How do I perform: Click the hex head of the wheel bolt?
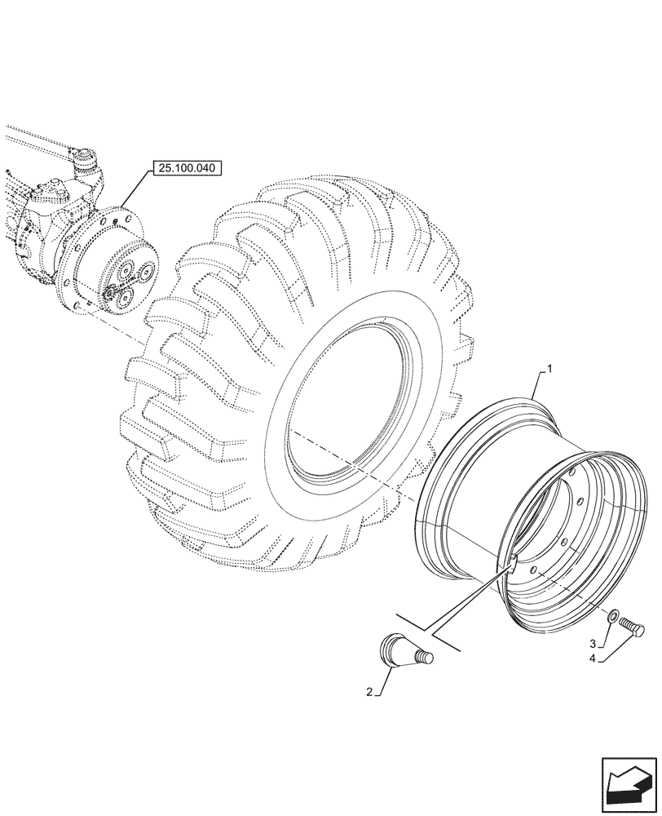click(x=639, y=629)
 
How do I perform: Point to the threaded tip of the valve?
click(x=426, y=658)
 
